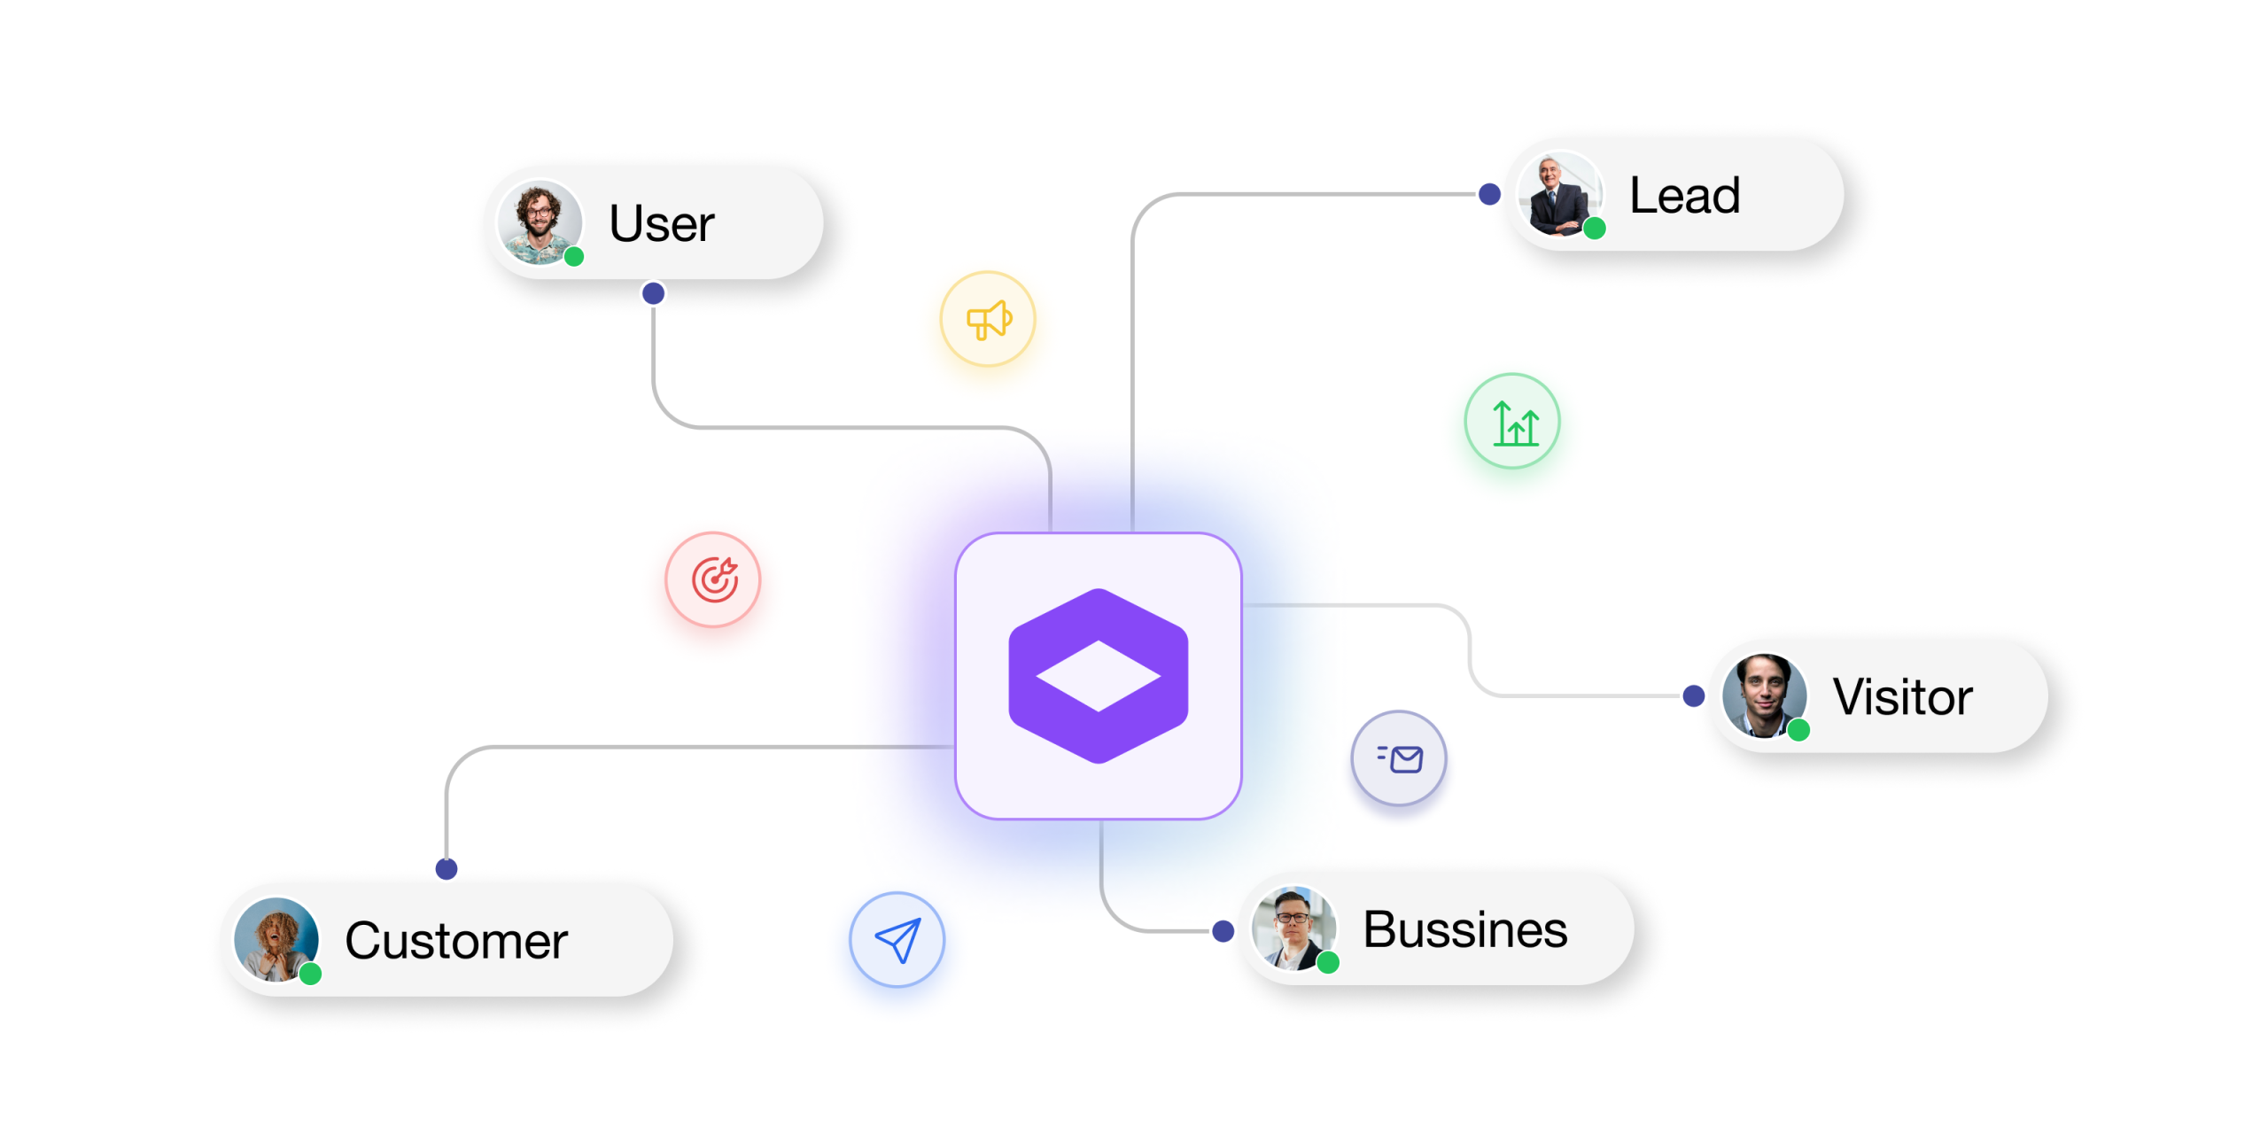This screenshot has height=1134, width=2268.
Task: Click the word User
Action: [x=661, y=222]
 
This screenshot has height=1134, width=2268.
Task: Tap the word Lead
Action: [x=1684, y=195]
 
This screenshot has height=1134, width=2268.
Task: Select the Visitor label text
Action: [x=1902, y=696]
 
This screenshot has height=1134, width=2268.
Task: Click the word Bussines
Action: [x=1464, y=929]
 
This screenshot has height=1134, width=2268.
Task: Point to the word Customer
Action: [x=456, y=940]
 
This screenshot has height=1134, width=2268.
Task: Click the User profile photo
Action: [x=540, y=222]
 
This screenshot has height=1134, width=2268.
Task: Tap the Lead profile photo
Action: [x=1559, y=194]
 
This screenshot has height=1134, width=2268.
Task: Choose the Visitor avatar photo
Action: [x=1764, y=696]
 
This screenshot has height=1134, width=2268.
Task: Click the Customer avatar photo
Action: [x=276, y=940]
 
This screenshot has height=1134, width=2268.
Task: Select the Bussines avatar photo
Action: [x=1293, y=928]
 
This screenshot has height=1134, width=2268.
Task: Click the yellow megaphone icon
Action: [x=988, y=319]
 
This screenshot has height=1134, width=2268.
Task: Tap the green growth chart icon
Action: [x=1512, y=421]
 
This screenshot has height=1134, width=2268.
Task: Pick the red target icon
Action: [x=713, y=579]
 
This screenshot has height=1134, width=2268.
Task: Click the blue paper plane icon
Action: [x=897, y=939]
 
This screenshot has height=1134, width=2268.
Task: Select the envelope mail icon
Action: [x=1399, y=758]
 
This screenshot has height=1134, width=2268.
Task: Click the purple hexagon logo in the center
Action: [x=1099, y=676]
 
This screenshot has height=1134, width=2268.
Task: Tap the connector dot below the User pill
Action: [x=653, y=293]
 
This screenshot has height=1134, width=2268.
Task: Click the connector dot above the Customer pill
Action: [x=447, y=869]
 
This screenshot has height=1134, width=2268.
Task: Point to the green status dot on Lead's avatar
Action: [x=1595, y=229]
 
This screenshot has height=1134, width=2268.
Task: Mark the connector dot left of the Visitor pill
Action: [x=1694, y=695]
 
